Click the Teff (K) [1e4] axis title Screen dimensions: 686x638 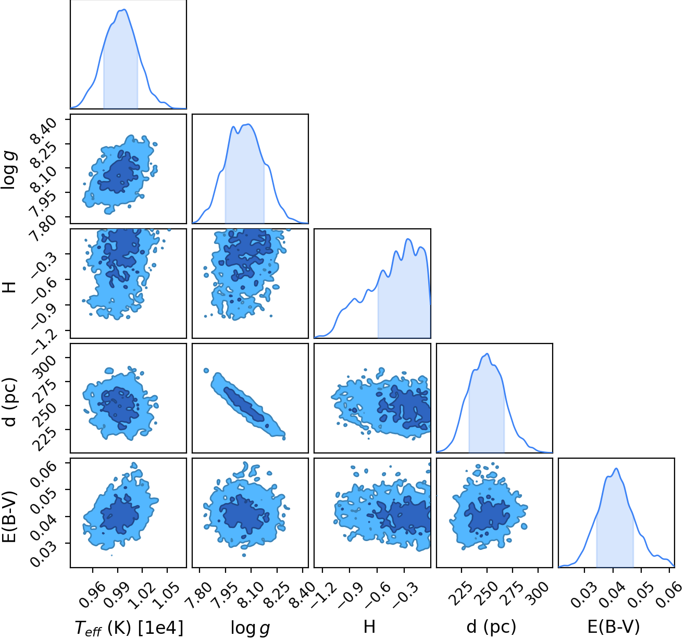[129, 628]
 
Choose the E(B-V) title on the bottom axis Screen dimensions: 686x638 [614, 626]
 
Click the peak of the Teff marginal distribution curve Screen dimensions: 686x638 [124, 9]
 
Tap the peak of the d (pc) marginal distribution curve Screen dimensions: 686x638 [487, 353]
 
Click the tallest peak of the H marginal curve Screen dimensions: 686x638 [408, 239]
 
